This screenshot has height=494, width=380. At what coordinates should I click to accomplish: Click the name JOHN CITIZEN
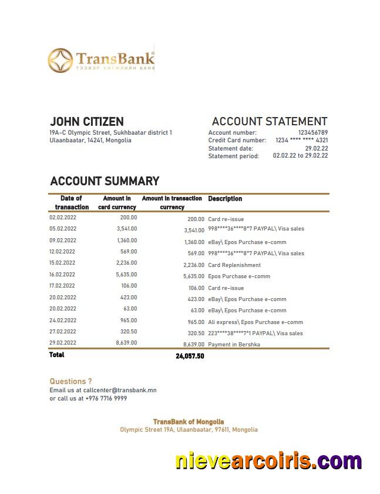[x=86, y=122]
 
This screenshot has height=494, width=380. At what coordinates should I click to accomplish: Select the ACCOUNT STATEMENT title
[x=269, y=122]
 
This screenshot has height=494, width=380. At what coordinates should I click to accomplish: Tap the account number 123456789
[x=312, y=133]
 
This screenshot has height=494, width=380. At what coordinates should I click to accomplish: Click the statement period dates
[x=300, y=156]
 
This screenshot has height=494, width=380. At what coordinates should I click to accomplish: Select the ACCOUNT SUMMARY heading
[x=105, y=181]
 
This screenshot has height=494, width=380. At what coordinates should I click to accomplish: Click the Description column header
[x=225, y=199]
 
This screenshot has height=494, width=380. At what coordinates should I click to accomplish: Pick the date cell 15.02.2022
[x=62, y=263]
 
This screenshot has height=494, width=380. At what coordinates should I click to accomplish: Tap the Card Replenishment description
[x=234, y=265]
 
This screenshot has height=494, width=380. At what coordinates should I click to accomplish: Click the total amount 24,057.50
[x=190, y=356]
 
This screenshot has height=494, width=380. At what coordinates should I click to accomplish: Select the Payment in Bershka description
[x=234, y=345]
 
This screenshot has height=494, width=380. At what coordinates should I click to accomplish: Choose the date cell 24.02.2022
[x=62, y=321]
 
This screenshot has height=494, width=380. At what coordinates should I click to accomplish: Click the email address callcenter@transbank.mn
[x=120, y=390]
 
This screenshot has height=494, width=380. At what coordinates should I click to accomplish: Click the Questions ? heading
[x=70, y=381]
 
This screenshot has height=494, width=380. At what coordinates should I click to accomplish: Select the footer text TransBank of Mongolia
[x=189, y=422]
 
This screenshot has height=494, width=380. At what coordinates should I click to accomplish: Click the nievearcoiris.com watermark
[x=268, y=461]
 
